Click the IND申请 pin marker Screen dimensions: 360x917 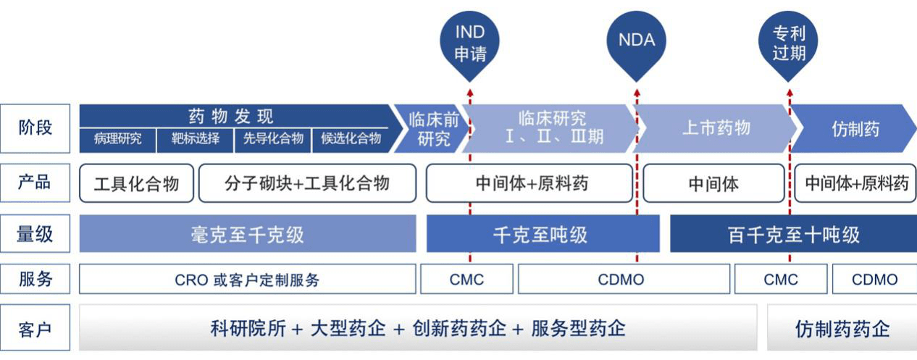(469, 43)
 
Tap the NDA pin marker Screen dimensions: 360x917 (637, 42)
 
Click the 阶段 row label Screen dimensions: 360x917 (35, 128)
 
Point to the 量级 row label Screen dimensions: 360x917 (35, 233)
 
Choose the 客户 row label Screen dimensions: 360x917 (35, 329)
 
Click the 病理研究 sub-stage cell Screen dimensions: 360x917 (117, 139)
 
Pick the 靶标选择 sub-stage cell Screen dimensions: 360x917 (195, 139)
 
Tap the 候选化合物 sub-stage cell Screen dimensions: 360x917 (351, 139)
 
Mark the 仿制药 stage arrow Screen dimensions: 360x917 (855, 129)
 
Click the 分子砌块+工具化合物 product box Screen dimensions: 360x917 (307, 183)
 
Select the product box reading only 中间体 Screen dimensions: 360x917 (713, 183)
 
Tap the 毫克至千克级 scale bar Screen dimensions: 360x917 (247, 234)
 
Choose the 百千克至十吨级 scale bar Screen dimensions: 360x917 (793, 234)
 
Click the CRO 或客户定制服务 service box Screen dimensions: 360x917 (247, 280)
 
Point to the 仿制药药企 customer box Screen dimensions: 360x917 (842, 328)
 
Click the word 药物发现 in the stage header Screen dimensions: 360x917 (231, 117)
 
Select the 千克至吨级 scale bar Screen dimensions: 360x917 (543, 234)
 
